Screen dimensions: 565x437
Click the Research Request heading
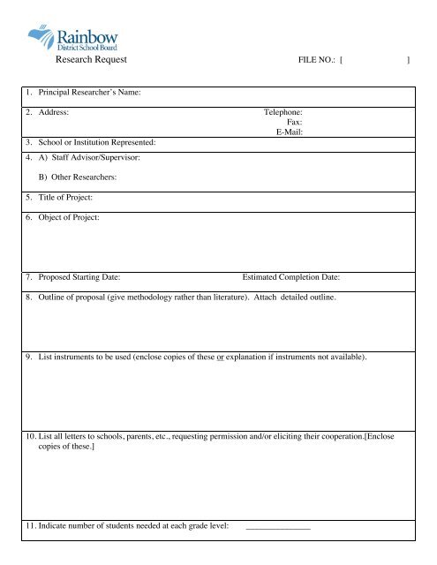point(92,60)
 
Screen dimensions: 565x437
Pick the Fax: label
point(296,124)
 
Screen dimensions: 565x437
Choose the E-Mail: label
point(290,133)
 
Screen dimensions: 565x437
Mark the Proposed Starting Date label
point(86,278)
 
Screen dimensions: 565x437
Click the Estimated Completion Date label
point(291,278)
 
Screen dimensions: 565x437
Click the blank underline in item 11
point(278,528)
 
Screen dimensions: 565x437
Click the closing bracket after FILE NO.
point(408,61)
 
